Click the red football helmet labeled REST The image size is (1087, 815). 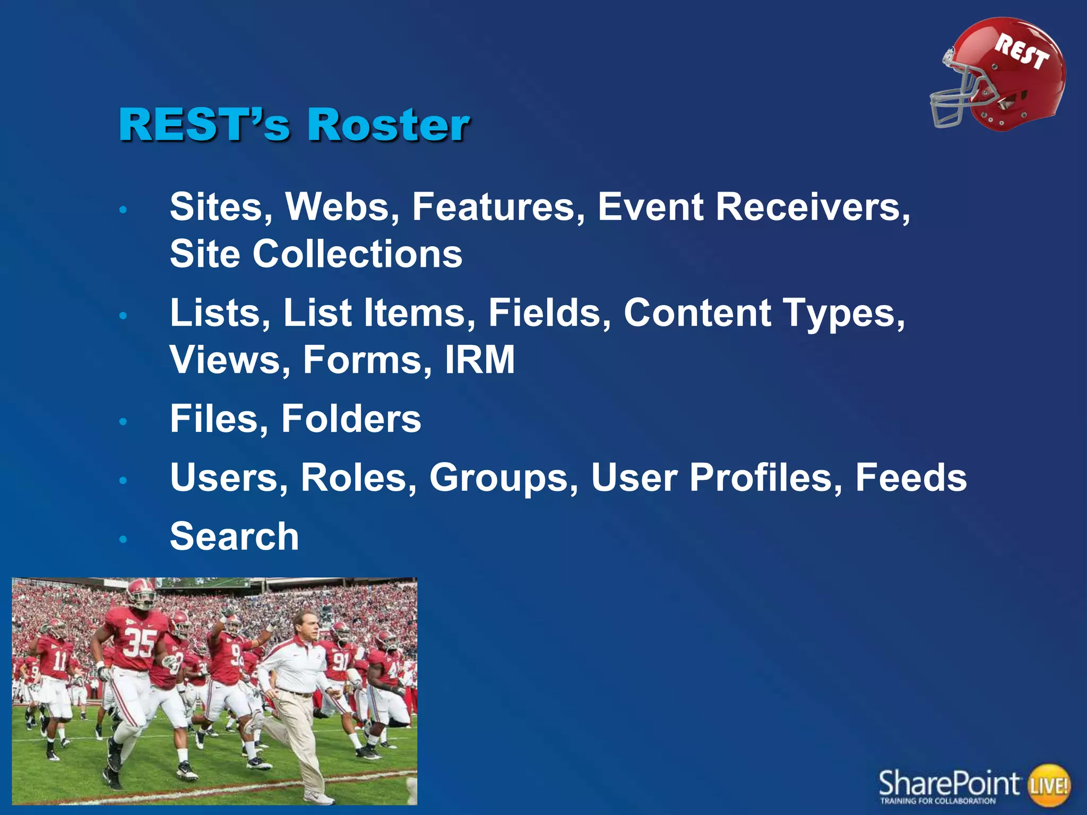pyautogui.click(x=1014, y=74)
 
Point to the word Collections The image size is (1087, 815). pyautogui.click(x=357, y=254)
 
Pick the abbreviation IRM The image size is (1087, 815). pyautogui.click(x=480, y=360)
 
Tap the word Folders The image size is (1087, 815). pyautogui.click(x=351, y=419)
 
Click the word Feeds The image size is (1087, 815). pyautogui.click(x=911, y=478)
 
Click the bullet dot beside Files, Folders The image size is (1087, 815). pyautogui.click(x=123, y=422)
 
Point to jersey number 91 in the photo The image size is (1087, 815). pyautogui.click(x=340, y=662)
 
